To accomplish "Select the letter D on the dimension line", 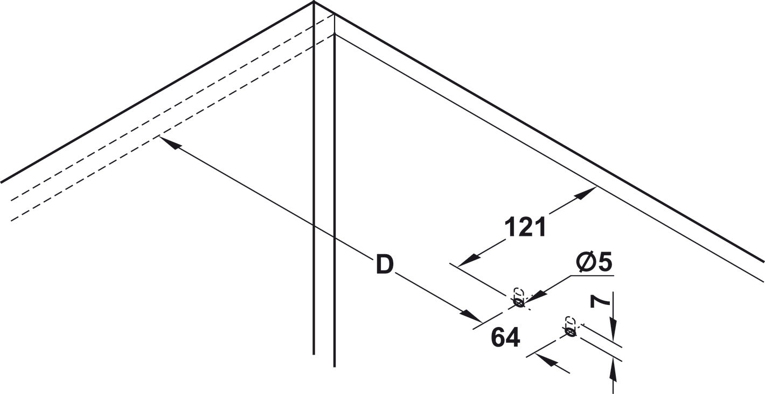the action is tap(385, 264).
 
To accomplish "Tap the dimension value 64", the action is tap(505, 337).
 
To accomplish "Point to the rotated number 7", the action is tap(600, 302).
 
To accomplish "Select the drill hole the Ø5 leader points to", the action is tap(519, 302).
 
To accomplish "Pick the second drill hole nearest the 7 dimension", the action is tap(571, 331).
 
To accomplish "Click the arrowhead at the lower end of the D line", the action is tap(471, 316).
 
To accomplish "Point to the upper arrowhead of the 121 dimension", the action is tap(586, 193).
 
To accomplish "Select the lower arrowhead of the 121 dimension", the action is tap(468, 261).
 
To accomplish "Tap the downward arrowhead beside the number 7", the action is tap(614, 331).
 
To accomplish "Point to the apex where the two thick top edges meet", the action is tap(314, 2).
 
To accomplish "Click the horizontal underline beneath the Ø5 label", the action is tap(592, 275).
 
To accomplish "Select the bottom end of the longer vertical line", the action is tap(335, 366).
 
